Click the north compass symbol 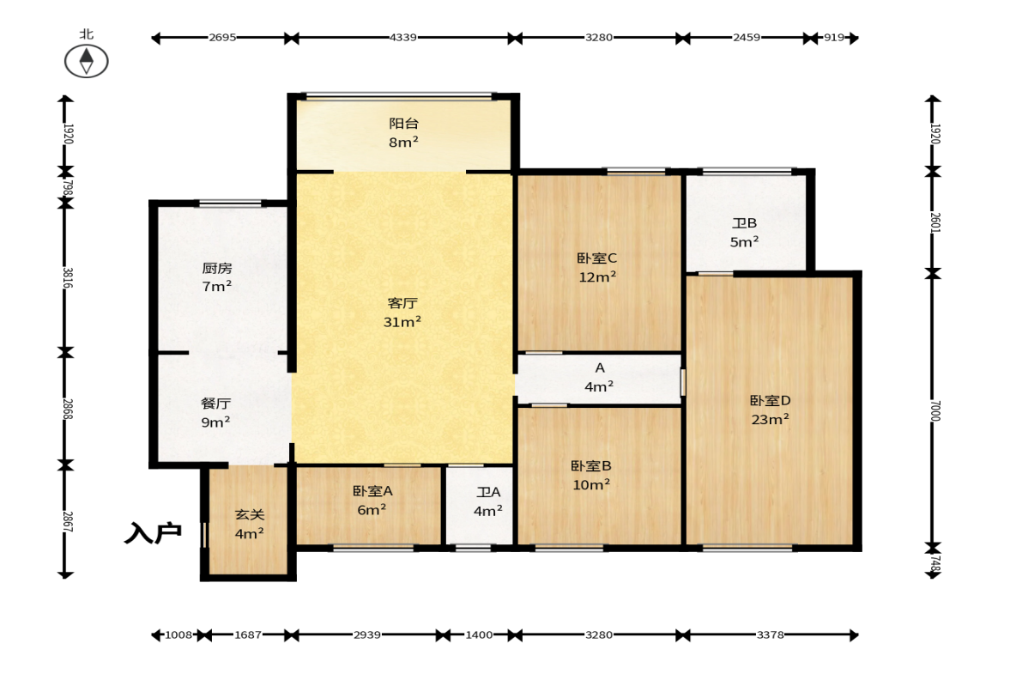point(87,61)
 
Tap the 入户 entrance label point(153,533)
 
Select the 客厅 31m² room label point(402,313)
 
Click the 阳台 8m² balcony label point(404,133)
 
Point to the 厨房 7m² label point(217,277)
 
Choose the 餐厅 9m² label point(215,413)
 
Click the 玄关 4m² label point(249,524)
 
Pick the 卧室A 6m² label point(372,500)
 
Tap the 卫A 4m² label point(488,501)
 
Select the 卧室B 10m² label point(591,475)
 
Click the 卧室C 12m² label point(597,267)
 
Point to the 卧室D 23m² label point(771,410)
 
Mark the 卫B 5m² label point(745,233)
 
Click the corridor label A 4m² point(599,377)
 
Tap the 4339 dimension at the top point(403,38)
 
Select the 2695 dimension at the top point(222,38)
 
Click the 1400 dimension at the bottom point(479,635)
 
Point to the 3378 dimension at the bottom point(771,635)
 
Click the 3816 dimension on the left point(68,277)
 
